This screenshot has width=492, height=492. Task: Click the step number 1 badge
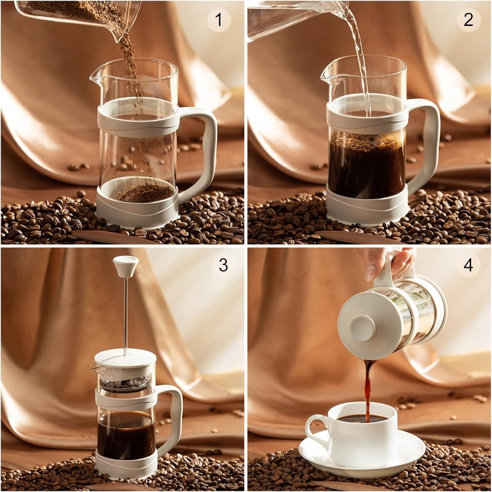pyautogui.click(x=218, y=20)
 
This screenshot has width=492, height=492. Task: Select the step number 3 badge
pyautogui.click(x=223, y=265)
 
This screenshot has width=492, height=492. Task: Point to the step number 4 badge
pyautogui.click(x=469, y=265)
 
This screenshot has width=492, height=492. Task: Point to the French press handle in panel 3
pyautogui.click(x=176, y=419)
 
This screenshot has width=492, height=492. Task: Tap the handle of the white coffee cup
pyautogui.click(x=315, y=431)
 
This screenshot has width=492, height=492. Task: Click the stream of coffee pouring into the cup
pyautogui.click(x=368, y=388)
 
